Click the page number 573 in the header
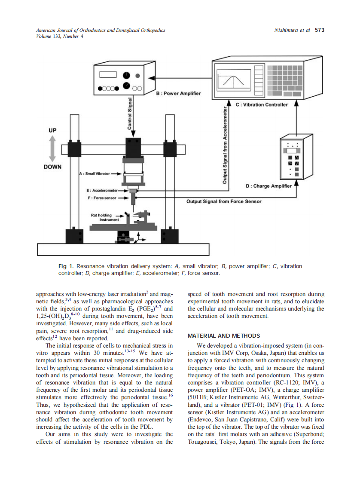click(320, 30)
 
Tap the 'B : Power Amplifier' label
click(178, 93)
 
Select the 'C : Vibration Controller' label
click(262, 104)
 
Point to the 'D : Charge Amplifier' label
click(268, 186)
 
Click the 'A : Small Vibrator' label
click(94, 174)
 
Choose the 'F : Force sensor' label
click(101, 198)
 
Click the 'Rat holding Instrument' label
click(101, 217)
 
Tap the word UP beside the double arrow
click(52, 130)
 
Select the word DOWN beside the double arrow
click(52, 167)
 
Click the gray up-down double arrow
click(52, 148)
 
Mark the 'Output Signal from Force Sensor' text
click(223, 201)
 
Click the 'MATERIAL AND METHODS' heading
click(224, 336)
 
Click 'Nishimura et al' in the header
click(292, 30)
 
